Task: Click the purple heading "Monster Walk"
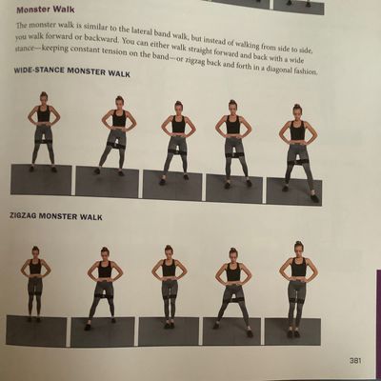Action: pyautogui.click(x=46, y=10)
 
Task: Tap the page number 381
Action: pyautogui.click(x=355, y=361)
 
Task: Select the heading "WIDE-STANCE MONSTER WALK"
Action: pyautogui.click(x=72, y=71)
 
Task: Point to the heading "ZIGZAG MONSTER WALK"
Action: pyautogui.click(x=56, y=216)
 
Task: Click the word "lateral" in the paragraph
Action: pyautogui.click(x=130, y=30)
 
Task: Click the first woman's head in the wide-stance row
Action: pyautogui.click(x=44, y=98)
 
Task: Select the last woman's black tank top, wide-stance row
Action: pyautogui.click(x=297, y=130)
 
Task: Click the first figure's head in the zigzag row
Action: pyautogui.click(x=35, y=251)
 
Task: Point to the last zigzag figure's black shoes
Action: pyautogui.click(x=293, y=334)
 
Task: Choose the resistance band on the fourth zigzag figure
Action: pyautogui.click(x=233, y=297)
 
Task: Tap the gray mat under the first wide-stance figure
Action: pyautogui.click(x=41, y=180)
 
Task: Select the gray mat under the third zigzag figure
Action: pyautogui.click(x=168, y=331)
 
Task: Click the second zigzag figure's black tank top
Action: pyautogui.click(x=105, y=270)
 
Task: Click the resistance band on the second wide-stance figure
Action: pyautogui.click(x=116, y=145)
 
